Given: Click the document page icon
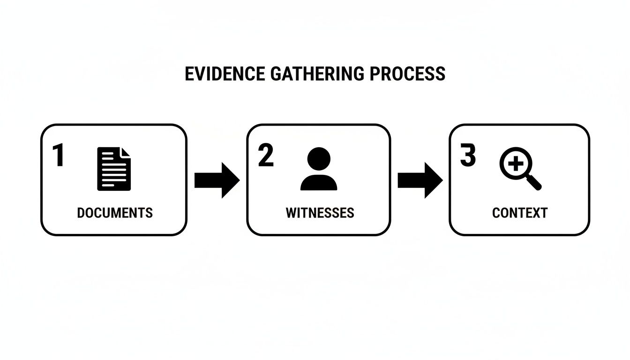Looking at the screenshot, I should pos(114,169).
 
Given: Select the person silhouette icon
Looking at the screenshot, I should pos(319,169).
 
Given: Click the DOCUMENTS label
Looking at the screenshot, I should pos(115,213).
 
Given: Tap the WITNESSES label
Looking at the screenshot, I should pos(320,213).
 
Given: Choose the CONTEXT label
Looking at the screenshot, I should pos(520,213).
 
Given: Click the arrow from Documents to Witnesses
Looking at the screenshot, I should pos(217,180).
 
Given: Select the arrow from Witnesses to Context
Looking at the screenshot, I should pos(420,180).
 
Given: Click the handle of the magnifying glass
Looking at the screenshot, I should pos(534,182).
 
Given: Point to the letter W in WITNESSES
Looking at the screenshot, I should pos(291,213).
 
